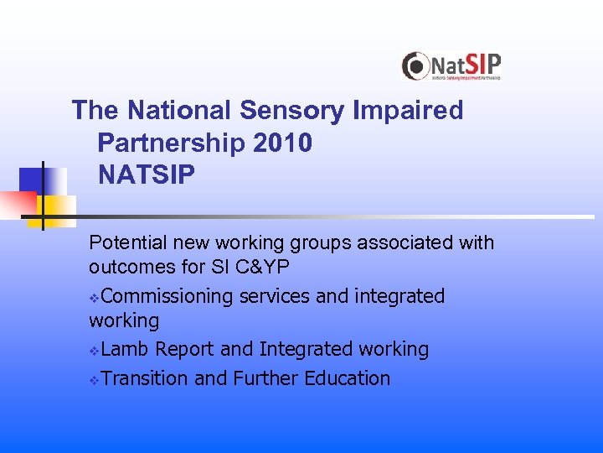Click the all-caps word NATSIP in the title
pyautogui.click(x=147, y=175)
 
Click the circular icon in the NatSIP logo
pyautogui.click(x=415, y=66)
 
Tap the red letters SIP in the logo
pyautogui.click(x=483, y=64)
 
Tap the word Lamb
pyautogui.click(x=126, y=349)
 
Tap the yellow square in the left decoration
pyautogui.click(x=61, y=210)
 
